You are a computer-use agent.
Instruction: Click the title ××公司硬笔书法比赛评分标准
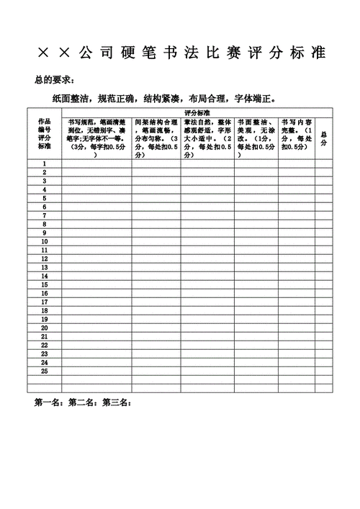(x=180, y=53)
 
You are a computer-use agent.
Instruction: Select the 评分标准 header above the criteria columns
(x=197, y=113)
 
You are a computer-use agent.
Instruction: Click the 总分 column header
(x=323, y=138)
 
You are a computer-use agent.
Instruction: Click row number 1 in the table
(x=44, y=164)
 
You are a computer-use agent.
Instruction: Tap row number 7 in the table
(x=44, y=215)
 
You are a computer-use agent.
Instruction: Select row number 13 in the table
(x=44, y=267)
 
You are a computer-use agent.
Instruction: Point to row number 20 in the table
(x=44, y=328)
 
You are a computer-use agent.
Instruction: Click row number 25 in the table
(x=44, y=371)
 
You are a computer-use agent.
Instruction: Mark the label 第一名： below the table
(x=50, y=402)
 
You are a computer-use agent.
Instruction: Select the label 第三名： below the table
(x=117, y=402)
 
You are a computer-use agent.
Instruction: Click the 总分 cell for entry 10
(x=323, y=241)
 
